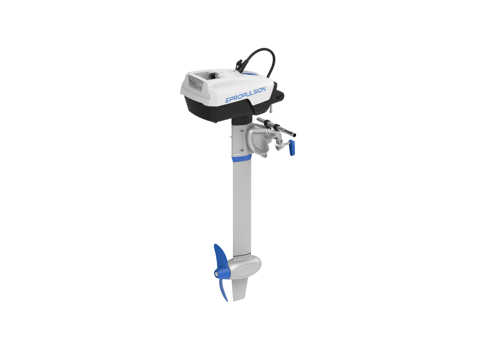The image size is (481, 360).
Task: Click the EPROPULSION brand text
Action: (245, 94)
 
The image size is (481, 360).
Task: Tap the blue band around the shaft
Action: (242, 158)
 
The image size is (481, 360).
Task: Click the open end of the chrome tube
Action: (294, 134)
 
